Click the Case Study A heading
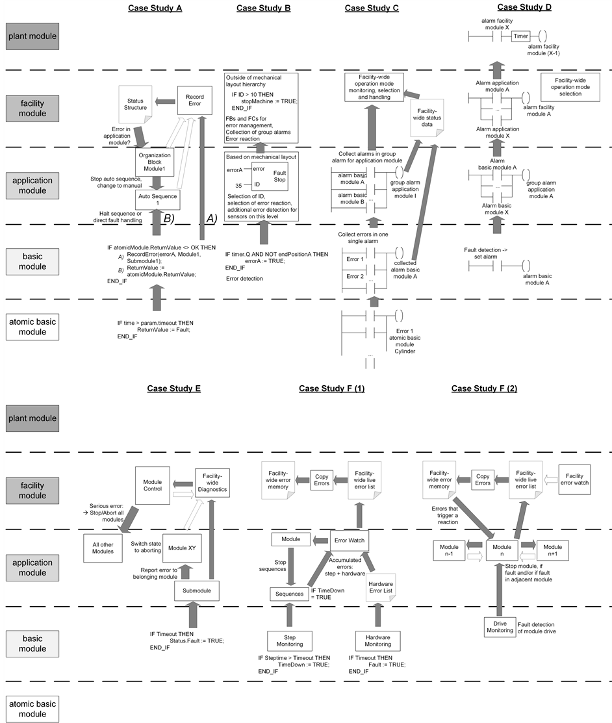(x=155, y=8)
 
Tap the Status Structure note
(x=136, y=103)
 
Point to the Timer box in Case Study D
(x=521, y=36)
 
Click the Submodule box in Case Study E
(x=196, y=590)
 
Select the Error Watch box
(x=349, y=540)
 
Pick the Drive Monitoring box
(x=499, y=626)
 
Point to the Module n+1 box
(x=553, y=551)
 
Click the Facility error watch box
(x=574, y=479)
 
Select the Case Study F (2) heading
(x=485, y=388)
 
